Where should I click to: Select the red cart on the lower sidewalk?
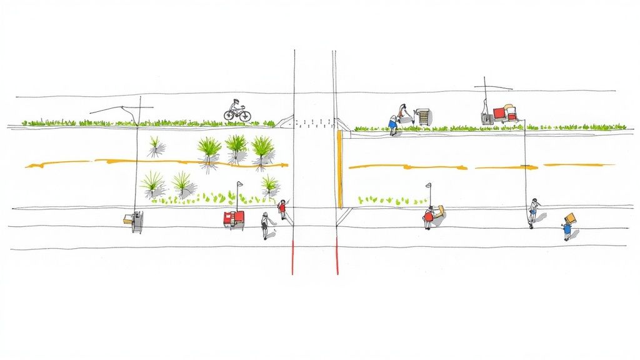click(x=234, y=218)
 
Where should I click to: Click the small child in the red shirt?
click(x=282, y=209)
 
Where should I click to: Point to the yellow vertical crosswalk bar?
click(x=340, y=169)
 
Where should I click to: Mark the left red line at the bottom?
click(x=292, y=256)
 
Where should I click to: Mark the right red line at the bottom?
click(x=337, y=256)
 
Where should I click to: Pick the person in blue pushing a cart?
click(x=394, y=122)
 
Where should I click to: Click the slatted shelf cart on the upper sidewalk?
click(x=424, y=117)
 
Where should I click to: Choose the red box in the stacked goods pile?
click(x=500, y=114)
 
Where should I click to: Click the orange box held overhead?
click(x=570, y=218)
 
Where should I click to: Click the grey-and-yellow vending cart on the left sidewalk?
click(x=134, y=221)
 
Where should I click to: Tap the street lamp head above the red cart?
click(x=239, y=184)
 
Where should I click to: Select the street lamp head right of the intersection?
click(x=428, y=186)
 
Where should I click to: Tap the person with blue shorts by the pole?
click(x=532, y=211)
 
